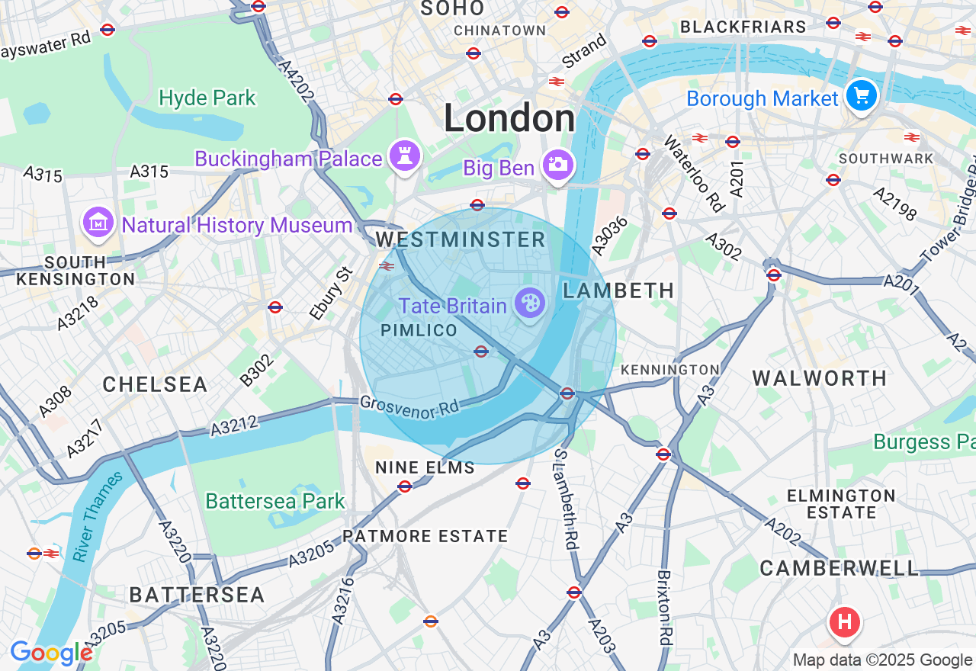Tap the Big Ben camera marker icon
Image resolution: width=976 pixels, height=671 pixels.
pos(557,164)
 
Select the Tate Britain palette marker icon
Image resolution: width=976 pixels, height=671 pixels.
pos(529,303)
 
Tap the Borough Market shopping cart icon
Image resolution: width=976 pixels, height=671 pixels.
pos(862,95)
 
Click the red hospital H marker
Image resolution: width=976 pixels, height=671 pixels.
pos(844,621)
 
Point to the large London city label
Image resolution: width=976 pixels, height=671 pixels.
pos(509,119)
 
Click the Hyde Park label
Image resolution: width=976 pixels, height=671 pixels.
pos(207,98)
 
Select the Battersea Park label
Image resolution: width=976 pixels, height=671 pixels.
pos(275,502)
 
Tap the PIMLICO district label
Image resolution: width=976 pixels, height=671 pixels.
pos(419,330)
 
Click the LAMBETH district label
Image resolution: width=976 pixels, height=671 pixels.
pos(618,291)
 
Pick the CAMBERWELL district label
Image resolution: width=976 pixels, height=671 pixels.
pos(840,568)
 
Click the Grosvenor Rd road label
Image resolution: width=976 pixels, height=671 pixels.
pos(409,406)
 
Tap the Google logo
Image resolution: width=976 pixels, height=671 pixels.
pos(51,653)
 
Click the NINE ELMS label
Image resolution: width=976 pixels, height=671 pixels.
pos(425,467)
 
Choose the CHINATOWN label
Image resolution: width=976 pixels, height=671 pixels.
pos(499,30)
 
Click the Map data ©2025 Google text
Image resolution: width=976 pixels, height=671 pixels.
pos(882,660)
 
